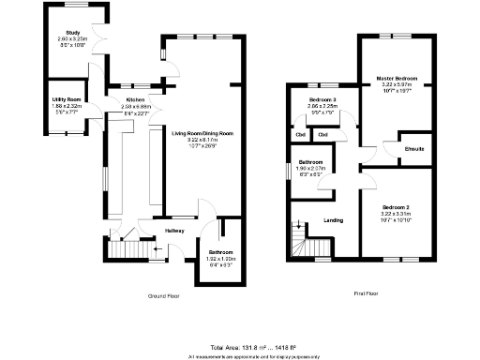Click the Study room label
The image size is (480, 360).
click(71, 33)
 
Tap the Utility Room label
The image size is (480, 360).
click(67, 98)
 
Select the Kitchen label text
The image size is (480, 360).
click(134, 98)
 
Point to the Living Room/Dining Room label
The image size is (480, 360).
click(202, 133)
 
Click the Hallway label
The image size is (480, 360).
click(175, 231)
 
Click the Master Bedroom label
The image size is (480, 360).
click(397, 78)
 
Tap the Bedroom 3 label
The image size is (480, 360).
click(322, 98)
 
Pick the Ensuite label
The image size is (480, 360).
click(413, 149)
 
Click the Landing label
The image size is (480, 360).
click(333, 220)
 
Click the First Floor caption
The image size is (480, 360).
click(366, 293)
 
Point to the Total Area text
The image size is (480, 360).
click(240, 347)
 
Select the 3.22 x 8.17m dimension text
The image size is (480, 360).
click(202, 140)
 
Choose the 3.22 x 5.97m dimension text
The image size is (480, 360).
click(397, 84)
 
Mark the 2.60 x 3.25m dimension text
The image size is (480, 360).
click(71, 38)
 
